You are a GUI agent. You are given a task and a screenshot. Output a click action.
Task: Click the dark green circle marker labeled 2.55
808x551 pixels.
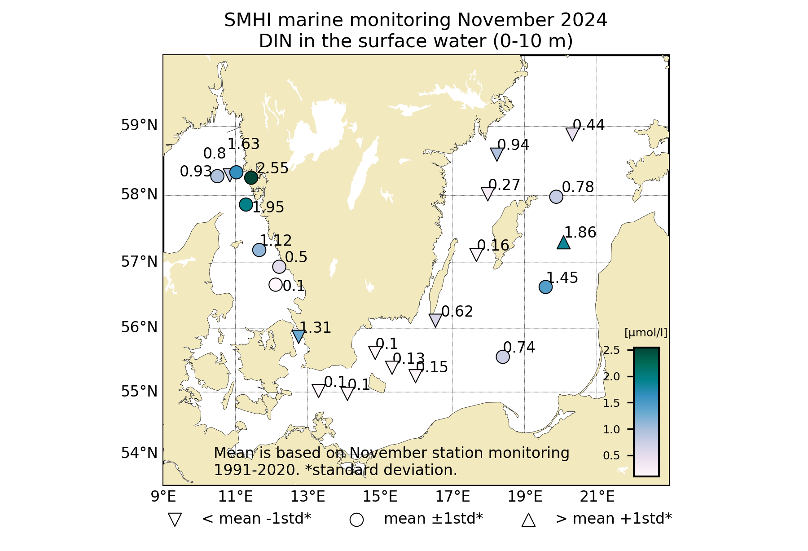pyautogui.click(x=251, y=177)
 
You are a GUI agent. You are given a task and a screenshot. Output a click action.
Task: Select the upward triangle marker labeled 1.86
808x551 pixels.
pyautogui.click(x=563, y=243)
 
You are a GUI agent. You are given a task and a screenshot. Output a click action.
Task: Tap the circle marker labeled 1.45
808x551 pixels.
pyautogui.click(x=545, y=287)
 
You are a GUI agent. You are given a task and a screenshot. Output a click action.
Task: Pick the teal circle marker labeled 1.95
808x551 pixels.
pyautogui.click(x=246, y=204)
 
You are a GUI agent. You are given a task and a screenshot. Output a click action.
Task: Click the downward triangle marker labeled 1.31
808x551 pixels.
pyautogui.click(x=299, y=335)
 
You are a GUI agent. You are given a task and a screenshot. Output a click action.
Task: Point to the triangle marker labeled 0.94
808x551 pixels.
pyautogui.click(x=496, y=154)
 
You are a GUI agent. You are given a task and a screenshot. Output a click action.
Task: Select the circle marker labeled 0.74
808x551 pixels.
pyautogui.click(x=503, y=357)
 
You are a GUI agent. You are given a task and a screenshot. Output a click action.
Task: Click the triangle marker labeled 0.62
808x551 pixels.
pyautogui.click(x=435, y=320)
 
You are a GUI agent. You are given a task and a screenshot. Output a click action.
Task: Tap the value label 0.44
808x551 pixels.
pyautogui.click(x=588, y=125)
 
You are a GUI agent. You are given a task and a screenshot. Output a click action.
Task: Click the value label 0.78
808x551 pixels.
pyautogui.click(x=578, y=187)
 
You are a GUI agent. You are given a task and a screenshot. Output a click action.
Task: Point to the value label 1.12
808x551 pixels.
pyautogui.click(x=276, y=241)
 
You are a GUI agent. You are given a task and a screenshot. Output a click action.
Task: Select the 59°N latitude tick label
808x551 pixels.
pyautogui.click(x=139, y=125)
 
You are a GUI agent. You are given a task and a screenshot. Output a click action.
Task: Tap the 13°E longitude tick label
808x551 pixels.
pyautogui.click(x=307, y=497)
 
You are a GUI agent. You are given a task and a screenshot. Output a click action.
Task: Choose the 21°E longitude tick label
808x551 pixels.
pyautogui.click(x=597, y=497)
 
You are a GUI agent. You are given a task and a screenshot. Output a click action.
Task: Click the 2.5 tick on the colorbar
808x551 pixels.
pyautogui.click(x=611, y=350)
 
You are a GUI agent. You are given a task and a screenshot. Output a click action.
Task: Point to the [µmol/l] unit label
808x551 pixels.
pyautogui.click(x=646, y=333)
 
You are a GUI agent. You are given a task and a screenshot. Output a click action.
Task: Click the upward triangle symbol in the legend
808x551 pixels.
pyautogui.click(x=528, y=520)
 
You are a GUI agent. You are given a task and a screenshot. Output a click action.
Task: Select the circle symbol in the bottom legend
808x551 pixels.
pyautogui.click(x=356, y=520)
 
